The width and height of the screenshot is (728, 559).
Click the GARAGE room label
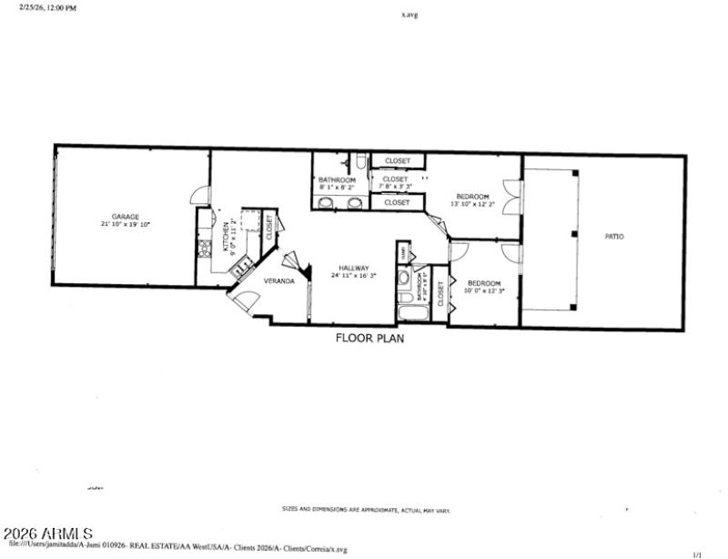click(126, 217)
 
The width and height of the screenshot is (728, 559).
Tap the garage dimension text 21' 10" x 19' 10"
click(126, 224)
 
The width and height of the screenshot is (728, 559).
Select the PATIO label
click(614, 237)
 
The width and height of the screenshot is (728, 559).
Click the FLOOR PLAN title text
click(370, 338)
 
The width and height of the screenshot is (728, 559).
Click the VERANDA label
click(278, 281)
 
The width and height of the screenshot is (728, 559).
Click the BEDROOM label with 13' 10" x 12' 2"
click(472, 197)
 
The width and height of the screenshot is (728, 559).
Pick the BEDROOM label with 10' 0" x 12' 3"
click(484, 284)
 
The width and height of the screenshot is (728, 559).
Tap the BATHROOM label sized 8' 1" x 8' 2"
click(336, 179)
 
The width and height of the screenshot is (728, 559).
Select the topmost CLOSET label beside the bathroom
click(398, 161)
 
